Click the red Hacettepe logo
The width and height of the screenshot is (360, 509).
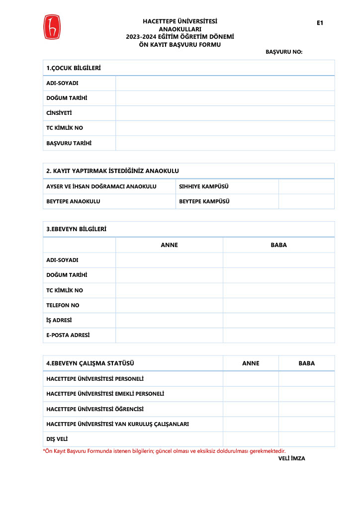click(x=51, y=27)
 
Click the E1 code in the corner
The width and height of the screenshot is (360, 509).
click(x=320, y=23)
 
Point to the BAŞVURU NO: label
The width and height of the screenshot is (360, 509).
click(x=284, y=52)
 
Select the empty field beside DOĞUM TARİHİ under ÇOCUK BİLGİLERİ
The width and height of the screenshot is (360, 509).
click(x=225, y=98)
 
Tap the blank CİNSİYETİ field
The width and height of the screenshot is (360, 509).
click(x=225, y=113)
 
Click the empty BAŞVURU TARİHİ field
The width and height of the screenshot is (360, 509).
click(x=225, y=143)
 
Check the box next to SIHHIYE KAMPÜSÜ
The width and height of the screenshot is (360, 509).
click(x=306, y=186)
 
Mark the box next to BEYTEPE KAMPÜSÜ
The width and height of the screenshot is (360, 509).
click(x=306, y=201)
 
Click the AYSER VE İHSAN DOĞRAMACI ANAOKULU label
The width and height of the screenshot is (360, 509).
click(x=101, y=186)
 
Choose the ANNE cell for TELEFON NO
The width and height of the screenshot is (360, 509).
click(x=169, y=305)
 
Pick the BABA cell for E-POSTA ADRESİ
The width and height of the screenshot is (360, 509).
click(x=278, y=335)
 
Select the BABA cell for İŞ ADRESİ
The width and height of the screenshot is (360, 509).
click(x=278, y=320)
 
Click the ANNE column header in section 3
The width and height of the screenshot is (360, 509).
click(x=169, y=245)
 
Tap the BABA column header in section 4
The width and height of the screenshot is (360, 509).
click(x=306, y=363)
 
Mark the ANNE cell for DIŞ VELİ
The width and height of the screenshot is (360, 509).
click(x=251, y=439)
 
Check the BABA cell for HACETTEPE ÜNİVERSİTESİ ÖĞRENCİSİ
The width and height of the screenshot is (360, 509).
click(x=306, y=409)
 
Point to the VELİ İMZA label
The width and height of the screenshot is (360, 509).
click(x=291, y=458)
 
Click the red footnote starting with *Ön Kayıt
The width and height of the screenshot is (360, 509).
click(x=164, y=451)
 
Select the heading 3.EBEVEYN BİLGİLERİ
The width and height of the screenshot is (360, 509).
click(x=76, y=229)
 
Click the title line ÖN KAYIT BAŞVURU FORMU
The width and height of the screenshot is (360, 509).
click(x=180, y=44)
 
